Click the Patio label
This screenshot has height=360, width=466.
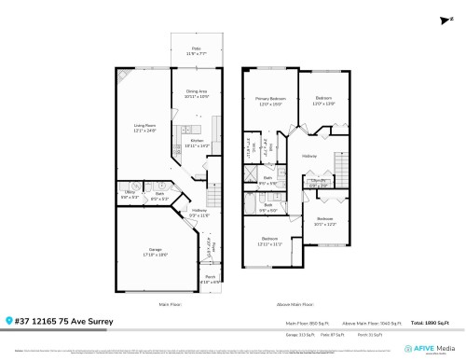pos(197,50)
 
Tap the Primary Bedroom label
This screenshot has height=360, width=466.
pos(271,102)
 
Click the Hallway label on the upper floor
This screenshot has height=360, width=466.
pos(309,156)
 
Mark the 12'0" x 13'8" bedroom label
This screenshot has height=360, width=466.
pos(323,100)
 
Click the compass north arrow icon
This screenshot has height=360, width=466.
pos(439,19)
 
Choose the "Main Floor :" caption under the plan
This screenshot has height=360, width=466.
pos(170,304)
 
